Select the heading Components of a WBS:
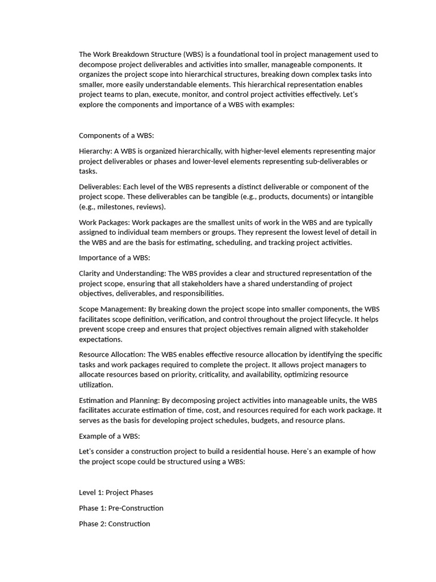click(x=116, y=135)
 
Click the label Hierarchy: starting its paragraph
click(x=95, y=151)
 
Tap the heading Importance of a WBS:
click(x=114, y=257)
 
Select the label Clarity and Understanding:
click(x=121, y=273)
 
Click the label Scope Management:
click(x=112, y=309)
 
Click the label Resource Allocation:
click(x=112, y=354)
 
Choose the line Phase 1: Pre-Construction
click(x=121, y=508)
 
